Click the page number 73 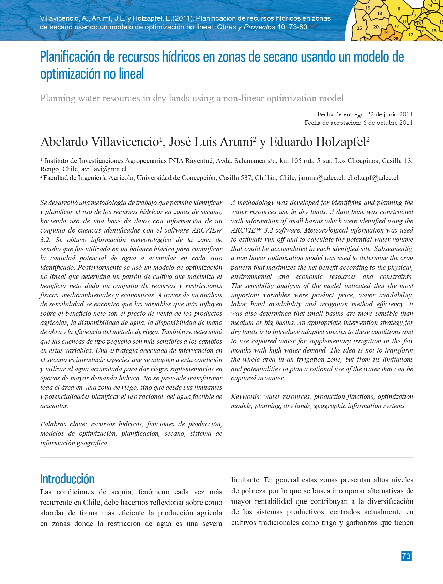pos(406,556)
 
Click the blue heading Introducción pos(67,479)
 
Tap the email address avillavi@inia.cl pos(104,169)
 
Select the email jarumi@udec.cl pos(321,178)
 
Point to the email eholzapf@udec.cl pos(373,178)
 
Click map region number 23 pos(360,28)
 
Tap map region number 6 pos(399,9)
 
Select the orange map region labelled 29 pos(386,33)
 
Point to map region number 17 pos(411,34)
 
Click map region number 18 pos(379,14)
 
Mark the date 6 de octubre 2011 pos(388,123)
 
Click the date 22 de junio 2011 pos(389,114)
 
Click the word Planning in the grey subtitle pos(58,99)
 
